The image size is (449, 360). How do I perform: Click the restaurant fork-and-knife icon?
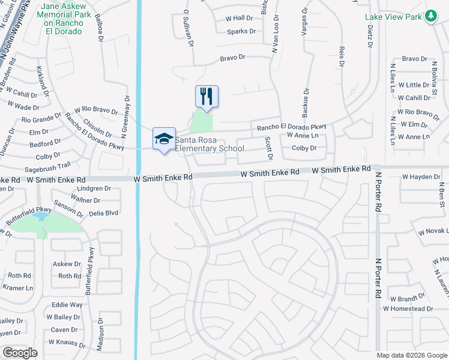coord(206,96)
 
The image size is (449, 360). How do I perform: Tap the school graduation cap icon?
coord(164,139)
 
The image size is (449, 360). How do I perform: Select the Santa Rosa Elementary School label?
coord(209,144)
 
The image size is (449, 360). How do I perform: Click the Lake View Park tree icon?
coord(430,17)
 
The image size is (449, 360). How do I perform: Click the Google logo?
coord(20,353)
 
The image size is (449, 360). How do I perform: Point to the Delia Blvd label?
coord(103,212)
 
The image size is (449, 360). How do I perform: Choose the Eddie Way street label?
coord(67,305)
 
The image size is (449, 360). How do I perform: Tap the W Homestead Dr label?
coord(408,308)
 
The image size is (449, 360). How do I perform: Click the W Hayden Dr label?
coord(421,177)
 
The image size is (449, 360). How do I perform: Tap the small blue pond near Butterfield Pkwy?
coord(41,215)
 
